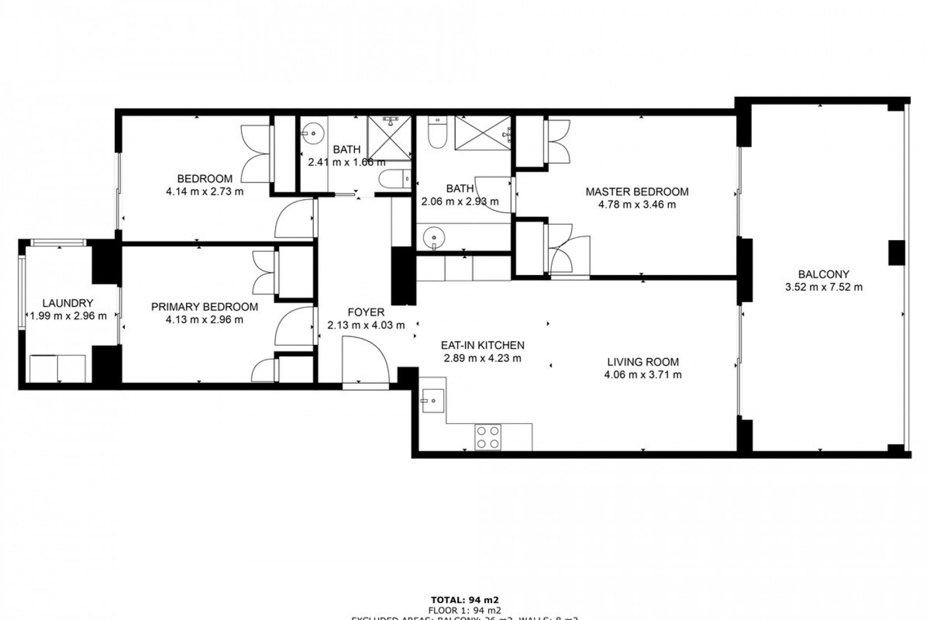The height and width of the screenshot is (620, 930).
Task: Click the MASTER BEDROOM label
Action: click(x=636, y=192)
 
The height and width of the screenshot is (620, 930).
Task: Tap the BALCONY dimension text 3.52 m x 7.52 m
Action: click(x=823, y=287)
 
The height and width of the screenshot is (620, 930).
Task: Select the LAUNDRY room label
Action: click(x=68, y=303)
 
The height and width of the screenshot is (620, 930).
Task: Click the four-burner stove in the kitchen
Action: click(x=487, y=437)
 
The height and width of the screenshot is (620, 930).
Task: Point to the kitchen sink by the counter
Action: click(x=432, y=401)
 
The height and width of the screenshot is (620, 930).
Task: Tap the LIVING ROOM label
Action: click(x=643, y=362)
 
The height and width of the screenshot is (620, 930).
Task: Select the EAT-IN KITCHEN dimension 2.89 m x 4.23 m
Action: click(x=482, y=358)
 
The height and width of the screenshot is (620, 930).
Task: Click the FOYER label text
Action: click(x=366, y=312)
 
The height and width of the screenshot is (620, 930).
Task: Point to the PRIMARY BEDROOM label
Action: click(x=204, y=307)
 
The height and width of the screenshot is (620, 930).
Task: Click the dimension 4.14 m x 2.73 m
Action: click(x=204, y=191)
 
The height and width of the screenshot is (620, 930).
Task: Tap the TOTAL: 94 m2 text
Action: click(x=465, y=600)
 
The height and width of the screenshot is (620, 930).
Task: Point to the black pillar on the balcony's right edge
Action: click(x=896, y=252)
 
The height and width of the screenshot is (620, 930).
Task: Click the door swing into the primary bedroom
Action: click(x=294, y=325)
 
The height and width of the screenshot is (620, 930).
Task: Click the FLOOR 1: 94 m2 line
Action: click(x=465, y=610)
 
